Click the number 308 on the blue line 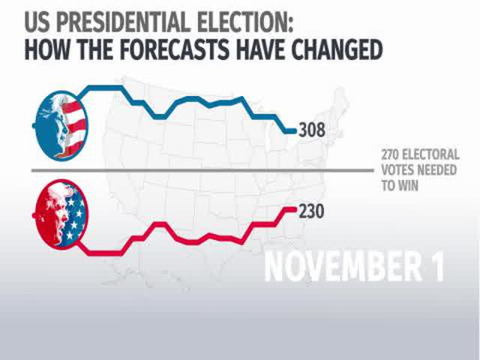click(x=311, y=130)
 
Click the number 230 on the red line click(x=310, y=212)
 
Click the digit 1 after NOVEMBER click(x=436, y=265)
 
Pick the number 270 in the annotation click(x=391, y=155)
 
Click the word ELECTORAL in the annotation click(x=433, y=155)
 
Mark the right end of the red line click(x=294, y=208)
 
